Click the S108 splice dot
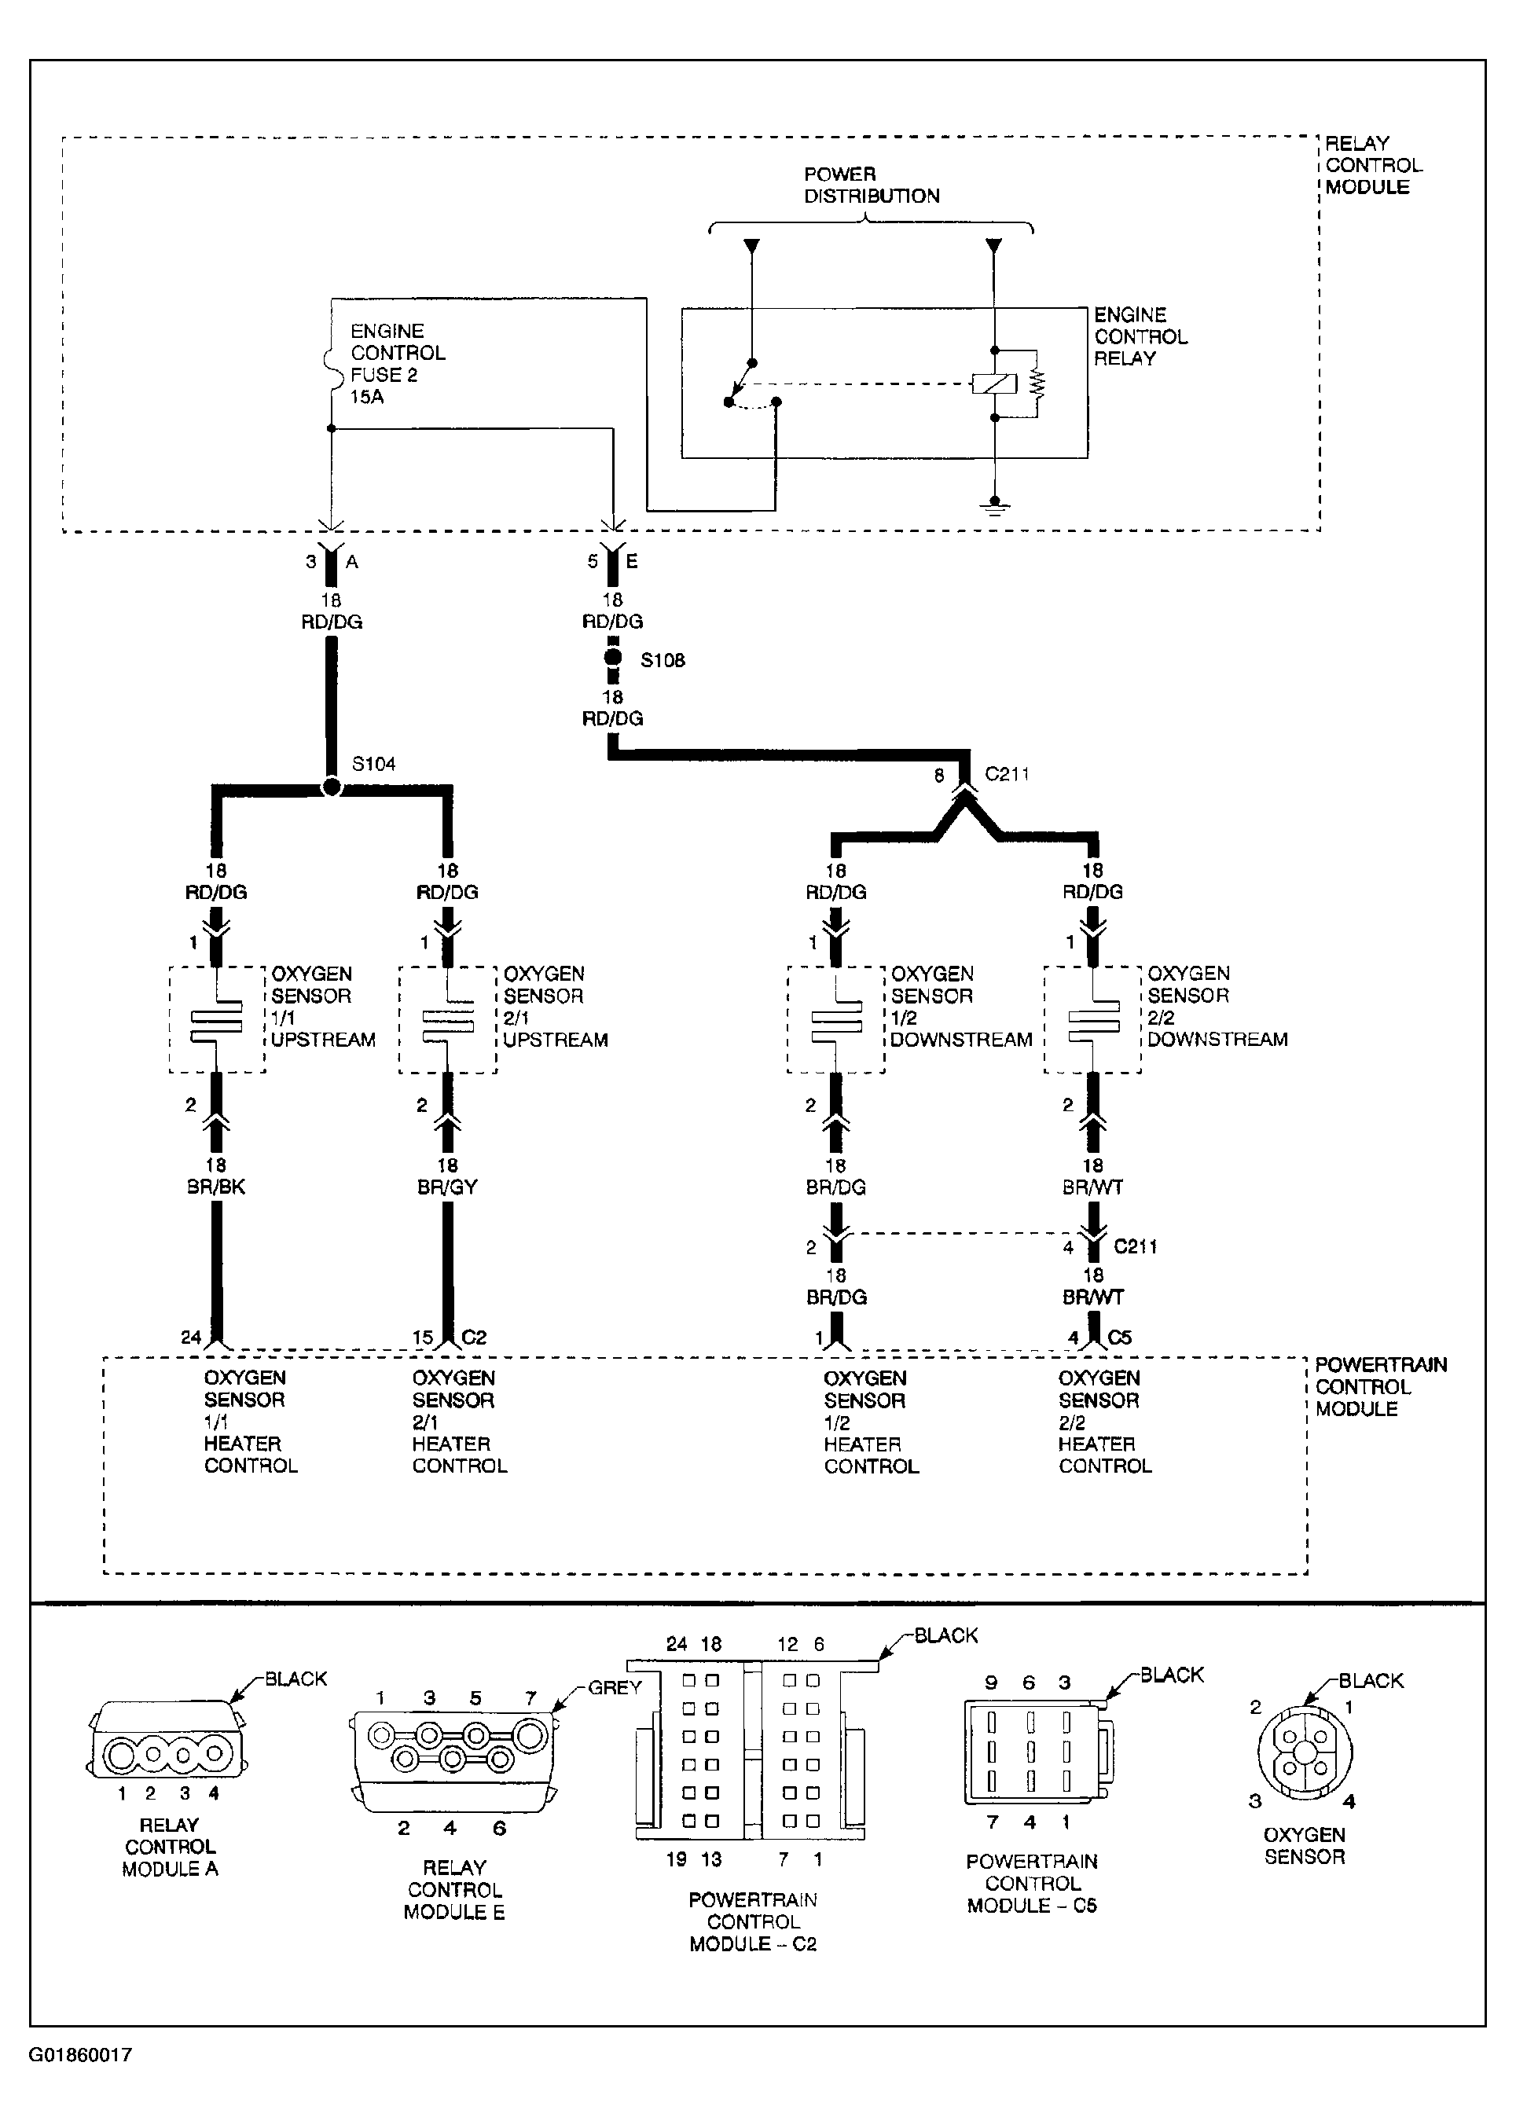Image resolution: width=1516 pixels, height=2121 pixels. click(612, 658)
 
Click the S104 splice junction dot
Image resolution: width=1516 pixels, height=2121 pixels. click(332, 787)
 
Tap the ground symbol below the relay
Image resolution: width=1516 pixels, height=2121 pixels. click(995, 508)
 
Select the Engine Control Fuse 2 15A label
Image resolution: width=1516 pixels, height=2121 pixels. click(398, 364)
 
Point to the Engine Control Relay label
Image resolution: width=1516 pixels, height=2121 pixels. click(1141, 336)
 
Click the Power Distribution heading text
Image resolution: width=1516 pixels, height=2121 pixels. click(872, 185)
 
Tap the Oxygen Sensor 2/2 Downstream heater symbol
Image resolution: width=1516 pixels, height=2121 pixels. click(1093, 1019)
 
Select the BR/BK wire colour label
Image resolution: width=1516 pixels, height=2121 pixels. click(215, 1187)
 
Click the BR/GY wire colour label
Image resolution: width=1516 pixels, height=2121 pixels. click(447, 1187)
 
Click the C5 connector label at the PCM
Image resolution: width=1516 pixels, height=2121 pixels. click(1119, 1337)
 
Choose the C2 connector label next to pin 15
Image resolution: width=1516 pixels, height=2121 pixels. click(474, 1337)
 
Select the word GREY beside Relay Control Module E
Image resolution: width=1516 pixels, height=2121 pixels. click(615, 1687)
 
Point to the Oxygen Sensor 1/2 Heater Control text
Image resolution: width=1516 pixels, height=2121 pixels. click(871, 1421)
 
